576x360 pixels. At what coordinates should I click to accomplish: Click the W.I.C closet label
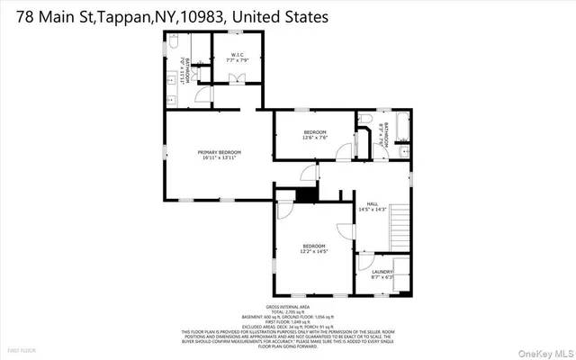click(238, 55)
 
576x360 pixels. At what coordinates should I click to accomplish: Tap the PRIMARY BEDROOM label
click(220, 152)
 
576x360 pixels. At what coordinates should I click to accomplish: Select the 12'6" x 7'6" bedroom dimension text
click(315, 138)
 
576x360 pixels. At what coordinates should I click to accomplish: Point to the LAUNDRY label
click(382, 271)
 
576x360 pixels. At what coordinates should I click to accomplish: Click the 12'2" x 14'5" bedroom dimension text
click(314, 252)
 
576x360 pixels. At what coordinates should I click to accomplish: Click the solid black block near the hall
click(307, 193)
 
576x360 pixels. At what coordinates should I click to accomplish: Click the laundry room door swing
click(364, 263)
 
